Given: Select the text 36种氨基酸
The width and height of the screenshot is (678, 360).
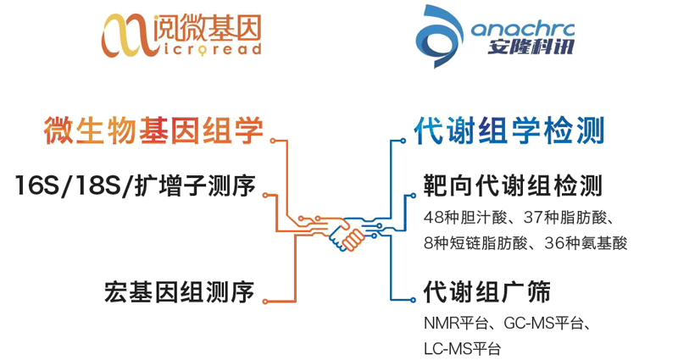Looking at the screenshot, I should pyautogui.click(x=585, y=242).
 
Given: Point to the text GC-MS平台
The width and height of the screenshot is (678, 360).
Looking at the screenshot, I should pyautogui.click(x=547, y=324).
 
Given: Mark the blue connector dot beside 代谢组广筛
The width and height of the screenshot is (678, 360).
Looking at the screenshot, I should pyautogui.click(x=395, y=296).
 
